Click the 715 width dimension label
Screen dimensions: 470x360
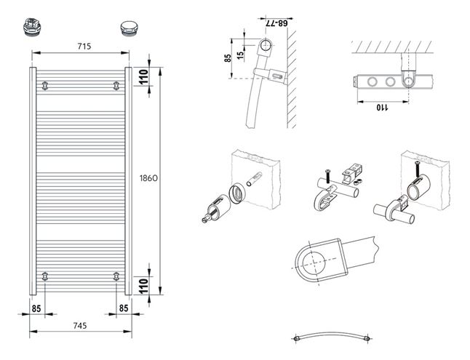click(84, 46)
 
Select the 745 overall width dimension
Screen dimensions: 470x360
click(80, 325)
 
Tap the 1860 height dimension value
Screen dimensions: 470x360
click(148, 178)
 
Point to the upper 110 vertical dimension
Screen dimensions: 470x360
click(144, 77)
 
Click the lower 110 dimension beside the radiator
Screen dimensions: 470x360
click(144, 286)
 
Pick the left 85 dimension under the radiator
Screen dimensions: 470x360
click(36, 308)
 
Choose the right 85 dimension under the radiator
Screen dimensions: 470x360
click(124, 308)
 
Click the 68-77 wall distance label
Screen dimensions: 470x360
click(276, 23)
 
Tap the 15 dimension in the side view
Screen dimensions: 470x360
click(240, 55)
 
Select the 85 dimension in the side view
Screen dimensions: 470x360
click(228, 58)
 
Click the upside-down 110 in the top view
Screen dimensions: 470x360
click(382, 107)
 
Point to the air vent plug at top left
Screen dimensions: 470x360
click(31, 28)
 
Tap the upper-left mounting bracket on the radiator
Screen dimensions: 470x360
click(44, 86)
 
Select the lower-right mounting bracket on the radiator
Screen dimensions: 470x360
click(116, 276)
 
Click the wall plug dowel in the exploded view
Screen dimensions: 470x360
click(254, 179)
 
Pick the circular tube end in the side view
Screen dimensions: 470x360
click(266, 46)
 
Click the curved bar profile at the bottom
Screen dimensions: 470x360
click(332, 336)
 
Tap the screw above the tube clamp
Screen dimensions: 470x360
click(327, 176)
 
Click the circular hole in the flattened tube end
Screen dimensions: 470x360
click(314, 264)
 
